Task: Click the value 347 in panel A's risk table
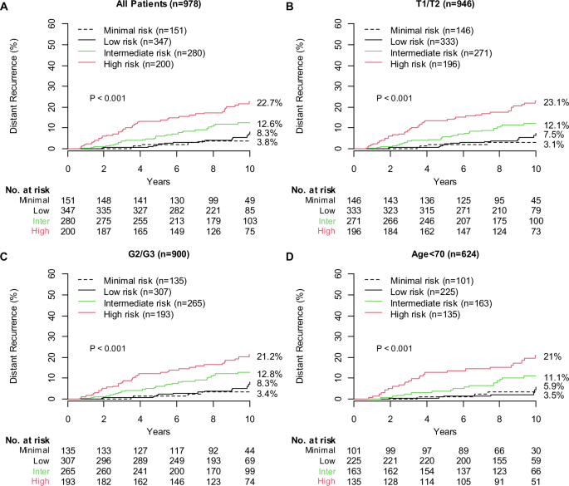pos(69,212)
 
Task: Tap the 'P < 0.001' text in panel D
pos(394,347)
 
